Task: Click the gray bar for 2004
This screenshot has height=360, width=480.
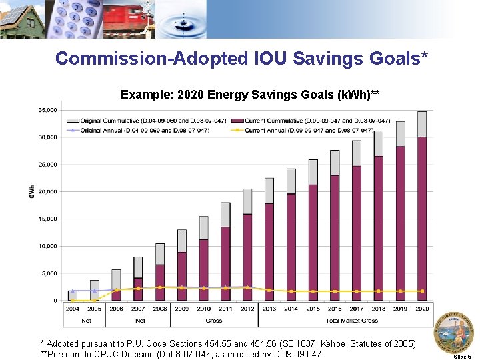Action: (x=73, y=295)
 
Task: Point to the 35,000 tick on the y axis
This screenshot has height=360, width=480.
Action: (x=47, y=110)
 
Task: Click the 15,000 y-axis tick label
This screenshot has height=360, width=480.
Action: (x=47, y=219)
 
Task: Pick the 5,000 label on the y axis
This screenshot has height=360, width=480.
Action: (x=49, y=273)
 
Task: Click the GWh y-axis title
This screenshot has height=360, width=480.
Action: (x=31, y=191)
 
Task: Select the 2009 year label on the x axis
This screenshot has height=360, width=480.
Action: (x=181, y=309)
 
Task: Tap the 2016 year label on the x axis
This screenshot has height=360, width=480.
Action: (x=334, y=309)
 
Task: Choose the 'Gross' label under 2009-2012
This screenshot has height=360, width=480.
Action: (x=214, y=321)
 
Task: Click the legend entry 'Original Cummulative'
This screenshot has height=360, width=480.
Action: (x=153, y=121)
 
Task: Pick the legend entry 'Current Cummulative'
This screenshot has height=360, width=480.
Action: (x=317, y=121)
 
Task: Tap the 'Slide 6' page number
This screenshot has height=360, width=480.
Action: (x=462, y=357)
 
